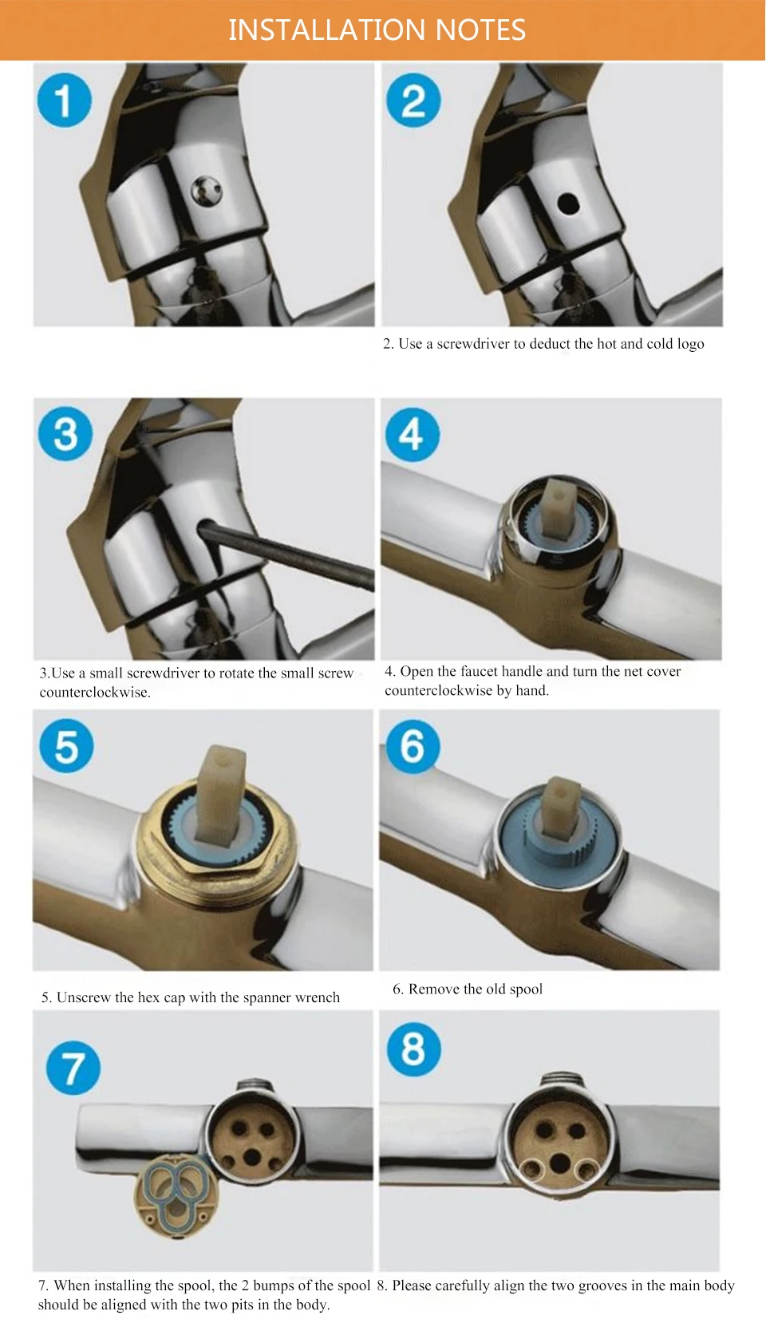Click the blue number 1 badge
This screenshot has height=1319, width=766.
[64, 100]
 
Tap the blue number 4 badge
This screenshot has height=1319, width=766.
[413, 435]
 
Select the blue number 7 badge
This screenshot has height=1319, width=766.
[73, 1068]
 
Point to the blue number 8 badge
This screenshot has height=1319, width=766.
[413, 1048]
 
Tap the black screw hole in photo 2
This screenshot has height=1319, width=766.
[568, 203]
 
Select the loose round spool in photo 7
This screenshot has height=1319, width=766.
[176, 1197]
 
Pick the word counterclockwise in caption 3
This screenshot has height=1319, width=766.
[95, 693]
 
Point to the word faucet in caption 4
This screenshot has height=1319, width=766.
[479, 671]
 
